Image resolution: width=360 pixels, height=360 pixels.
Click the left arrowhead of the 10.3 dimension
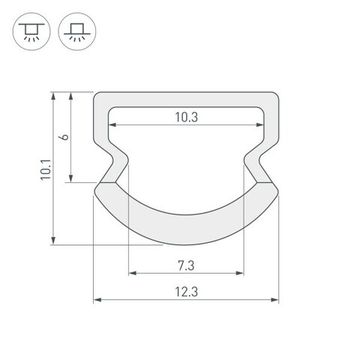pos(113,125)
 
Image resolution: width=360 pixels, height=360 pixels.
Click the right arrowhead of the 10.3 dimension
pos(263,125)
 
